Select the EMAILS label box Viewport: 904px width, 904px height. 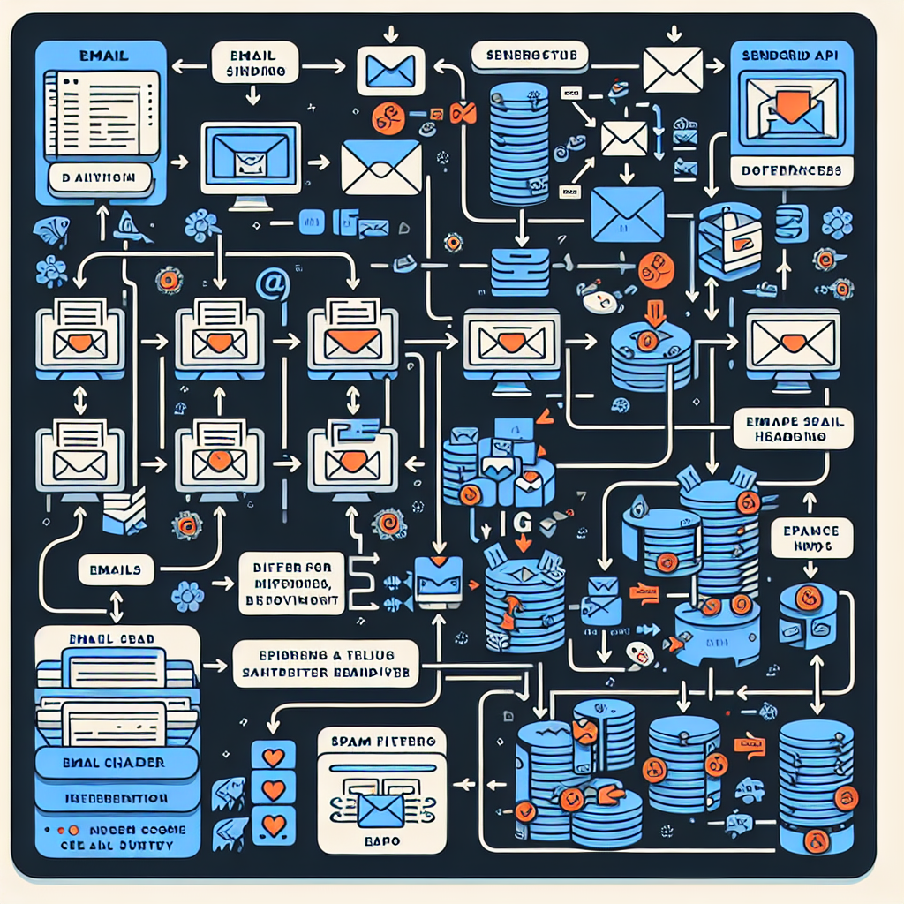point(114,569)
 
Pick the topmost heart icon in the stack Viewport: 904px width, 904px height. point(273,756)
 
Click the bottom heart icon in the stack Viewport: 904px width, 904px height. point(273,826)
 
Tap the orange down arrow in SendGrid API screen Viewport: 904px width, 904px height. point(792,108)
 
